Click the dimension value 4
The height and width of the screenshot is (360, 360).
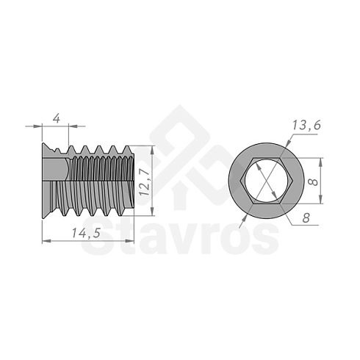[57, 119]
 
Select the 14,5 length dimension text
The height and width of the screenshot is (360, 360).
[86, 233]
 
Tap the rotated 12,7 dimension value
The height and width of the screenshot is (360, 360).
[145, 182]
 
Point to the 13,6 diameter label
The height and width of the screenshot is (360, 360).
[306, 126]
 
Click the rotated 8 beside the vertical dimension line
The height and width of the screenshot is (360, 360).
[313, 181]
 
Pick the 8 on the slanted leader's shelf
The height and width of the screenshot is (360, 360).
[306, 217]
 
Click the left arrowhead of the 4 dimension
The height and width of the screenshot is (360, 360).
[37, 126]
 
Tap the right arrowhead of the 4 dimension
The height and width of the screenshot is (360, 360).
[73, 126]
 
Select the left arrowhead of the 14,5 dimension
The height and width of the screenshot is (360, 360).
[47, 241]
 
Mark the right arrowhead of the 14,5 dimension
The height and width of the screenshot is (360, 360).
[130, 241]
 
